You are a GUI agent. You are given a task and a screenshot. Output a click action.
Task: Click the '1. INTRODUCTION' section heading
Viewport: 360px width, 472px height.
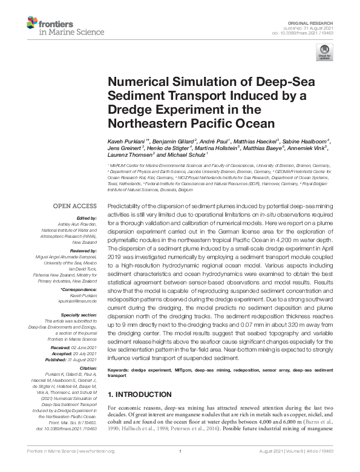(x=139, y=395)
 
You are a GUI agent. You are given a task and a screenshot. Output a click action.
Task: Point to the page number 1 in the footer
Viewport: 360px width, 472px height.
(x=180, y=467)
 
